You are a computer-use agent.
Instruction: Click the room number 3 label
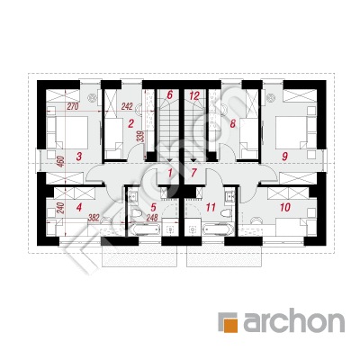(x=79, y=156)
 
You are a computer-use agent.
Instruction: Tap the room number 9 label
(x=284, y=156)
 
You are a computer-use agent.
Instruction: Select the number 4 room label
(x=79, y=207)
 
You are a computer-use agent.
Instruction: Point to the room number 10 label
(x=285, y=207)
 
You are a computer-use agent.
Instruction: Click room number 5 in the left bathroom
(x=154, y=207)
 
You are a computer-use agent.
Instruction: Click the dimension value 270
(x=73, y=106)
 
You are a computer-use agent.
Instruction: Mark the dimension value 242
(x=127, y=106)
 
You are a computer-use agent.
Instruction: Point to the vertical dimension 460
(x=61, y=161)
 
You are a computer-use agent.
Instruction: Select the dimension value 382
(x=94, y=218)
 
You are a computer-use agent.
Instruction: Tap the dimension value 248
(x=152, y=218)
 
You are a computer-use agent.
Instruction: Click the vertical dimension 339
(x=139, y=137)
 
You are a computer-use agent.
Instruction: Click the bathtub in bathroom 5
(x=144, y=230)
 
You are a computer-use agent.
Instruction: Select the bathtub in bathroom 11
(x=218, y=230)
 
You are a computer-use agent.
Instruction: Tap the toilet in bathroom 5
(x=137, y=213)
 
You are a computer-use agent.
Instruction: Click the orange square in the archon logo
(x=230, y=325)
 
